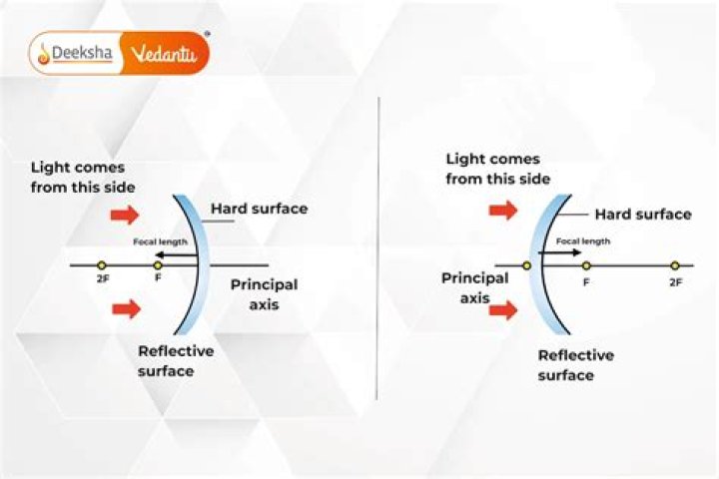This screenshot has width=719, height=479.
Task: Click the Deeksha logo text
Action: click(x=82, y=53)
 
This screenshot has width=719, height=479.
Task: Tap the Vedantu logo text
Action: click(x=164, y=54)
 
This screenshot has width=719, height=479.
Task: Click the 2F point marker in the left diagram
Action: click(x=102, y=265)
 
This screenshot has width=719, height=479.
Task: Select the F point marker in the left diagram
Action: click(x=158, y=265)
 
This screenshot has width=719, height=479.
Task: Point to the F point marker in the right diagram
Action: click(x=586, y=265)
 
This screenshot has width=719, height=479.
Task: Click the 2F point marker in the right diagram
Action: click(x=675, y=265)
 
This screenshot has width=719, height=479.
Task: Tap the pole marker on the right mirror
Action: click(x=527, y=265)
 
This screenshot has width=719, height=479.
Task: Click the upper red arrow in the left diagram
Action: click(x=125, y=215)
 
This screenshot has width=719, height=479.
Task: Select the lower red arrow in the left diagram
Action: click(x=126, y=309)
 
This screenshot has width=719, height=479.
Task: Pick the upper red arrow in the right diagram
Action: click(x=503, y=211)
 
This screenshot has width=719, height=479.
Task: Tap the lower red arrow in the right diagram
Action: click(x=503, y=310)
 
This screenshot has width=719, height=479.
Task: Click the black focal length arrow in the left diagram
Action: click(x=176, y=254)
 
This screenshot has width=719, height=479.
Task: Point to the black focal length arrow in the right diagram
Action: click(x=560, y=252)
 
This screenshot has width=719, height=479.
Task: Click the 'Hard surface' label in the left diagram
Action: click(x=259, y=209)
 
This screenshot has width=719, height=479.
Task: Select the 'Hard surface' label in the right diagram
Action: click(x=643, y=215)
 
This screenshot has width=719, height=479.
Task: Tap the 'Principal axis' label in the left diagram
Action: click(x=264, y=294)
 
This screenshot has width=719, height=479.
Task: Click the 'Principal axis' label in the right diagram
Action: click(x=475, y=287)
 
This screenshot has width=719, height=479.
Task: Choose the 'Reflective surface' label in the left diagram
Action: click(x=176, y=361)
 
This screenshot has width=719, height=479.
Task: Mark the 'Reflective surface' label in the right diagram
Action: click(x=576, y=365)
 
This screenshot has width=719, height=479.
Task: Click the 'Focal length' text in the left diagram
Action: click(x=160, y=241)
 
